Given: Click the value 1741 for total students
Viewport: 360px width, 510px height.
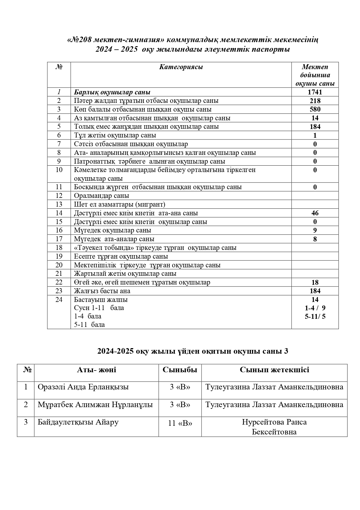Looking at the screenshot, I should coord(315,92).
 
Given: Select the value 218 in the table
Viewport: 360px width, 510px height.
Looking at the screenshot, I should coord(315,101).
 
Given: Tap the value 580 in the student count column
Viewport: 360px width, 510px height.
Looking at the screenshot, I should coord(315,109).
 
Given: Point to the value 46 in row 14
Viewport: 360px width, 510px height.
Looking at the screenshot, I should coord(315,213).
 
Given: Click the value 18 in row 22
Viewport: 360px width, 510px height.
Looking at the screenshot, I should coord(315,282).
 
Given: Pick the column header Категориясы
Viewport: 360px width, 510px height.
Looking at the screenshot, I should coord(181,67).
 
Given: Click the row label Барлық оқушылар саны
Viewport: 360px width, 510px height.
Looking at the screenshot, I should coord(112,92).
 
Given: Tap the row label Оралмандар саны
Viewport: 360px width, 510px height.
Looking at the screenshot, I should coord(101,196).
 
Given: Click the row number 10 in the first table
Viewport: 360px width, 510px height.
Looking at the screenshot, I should coord(59,170).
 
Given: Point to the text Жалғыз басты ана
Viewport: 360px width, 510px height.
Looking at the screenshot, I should coord(102,291).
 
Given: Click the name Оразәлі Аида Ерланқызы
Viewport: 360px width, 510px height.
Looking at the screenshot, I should coord(83,387).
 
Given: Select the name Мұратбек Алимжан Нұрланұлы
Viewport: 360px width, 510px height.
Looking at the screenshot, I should coord(95,405).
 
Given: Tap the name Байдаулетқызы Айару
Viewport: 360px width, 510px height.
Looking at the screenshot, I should coord(78,422).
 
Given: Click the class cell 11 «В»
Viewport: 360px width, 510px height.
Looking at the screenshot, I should coord(180,423).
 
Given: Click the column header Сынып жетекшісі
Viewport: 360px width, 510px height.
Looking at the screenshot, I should coord(274,370).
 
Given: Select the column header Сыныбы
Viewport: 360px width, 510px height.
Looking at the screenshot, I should coord(180,370).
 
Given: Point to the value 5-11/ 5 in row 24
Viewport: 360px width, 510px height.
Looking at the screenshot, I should coord(315,316).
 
